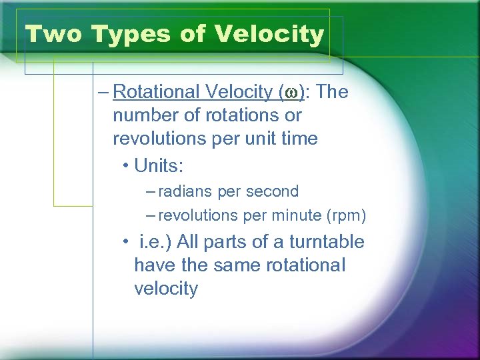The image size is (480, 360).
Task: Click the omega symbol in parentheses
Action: (291, 93)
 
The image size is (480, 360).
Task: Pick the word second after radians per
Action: (272, 191)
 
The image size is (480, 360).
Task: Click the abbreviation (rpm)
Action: (346, 216)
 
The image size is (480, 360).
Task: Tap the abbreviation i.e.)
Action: (156, 242)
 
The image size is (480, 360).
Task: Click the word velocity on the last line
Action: (166, 289)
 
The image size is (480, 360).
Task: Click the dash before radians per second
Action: (151, 191)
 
